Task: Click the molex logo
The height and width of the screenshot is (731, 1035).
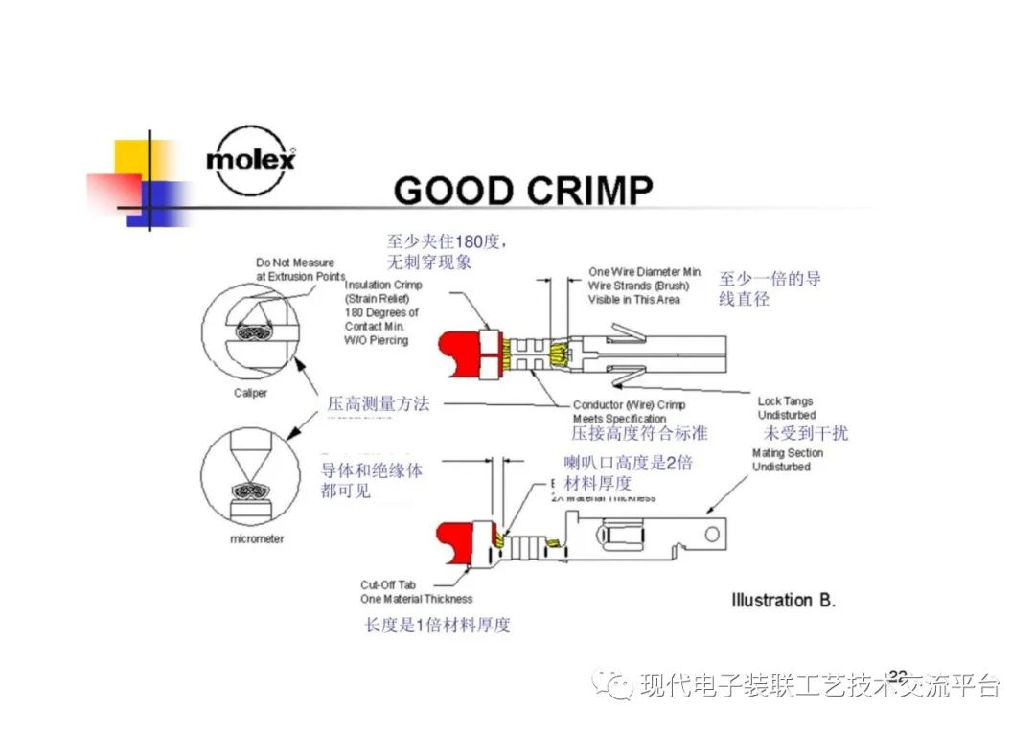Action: [250, 159]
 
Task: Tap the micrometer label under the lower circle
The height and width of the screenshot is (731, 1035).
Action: [256, 539]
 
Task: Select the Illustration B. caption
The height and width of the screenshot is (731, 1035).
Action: [783, 601]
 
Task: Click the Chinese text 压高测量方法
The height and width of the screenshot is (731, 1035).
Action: [378, 403]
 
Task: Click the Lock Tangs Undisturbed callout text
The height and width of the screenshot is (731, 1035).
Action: [786, 408]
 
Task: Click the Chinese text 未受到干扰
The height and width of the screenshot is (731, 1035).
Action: [805, 433]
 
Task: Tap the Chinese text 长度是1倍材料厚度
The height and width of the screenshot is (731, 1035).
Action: [437, 625]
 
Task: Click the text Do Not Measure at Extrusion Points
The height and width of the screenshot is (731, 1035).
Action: [299, 269]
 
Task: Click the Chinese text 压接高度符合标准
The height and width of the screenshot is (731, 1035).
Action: [639, 433]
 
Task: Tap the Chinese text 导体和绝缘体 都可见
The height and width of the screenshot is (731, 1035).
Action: [371, 481]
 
